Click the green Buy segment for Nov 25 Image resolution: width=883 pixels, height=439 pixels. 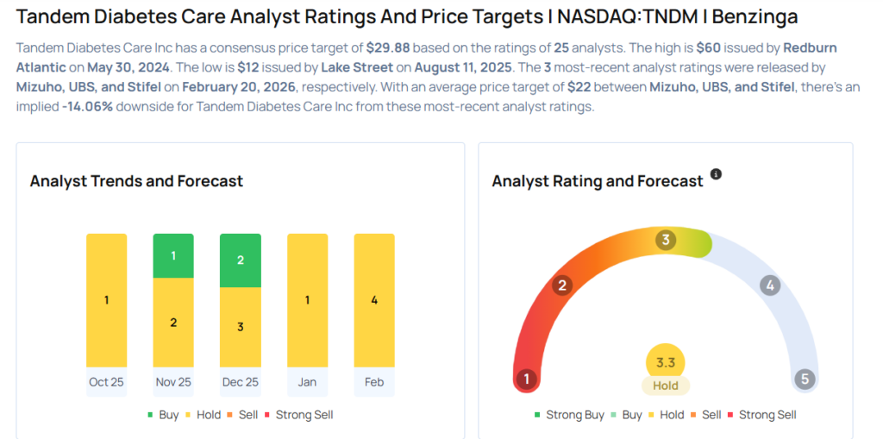pos(173,255)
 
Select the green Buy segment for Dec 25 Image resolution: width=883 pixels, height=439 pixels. pos(241,260)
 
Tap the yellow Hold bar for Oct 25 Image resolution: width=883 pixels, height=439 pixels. pos(106,300)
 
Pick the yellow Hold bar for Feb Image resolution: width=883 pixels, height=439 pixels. pos(374,300)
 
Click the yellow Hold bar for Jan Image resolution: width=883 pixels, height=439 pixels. pos(307,300)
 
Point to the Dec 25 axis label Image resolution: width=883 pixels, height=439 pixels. pos(241,381)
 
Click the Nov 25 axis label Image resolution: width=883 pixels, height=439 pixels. pos(173,381)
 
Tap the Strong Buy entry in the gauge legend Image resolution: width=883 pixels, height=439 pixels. pos(570,415)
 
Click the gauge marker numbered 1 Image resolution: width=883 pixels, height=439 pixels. pos(526,379)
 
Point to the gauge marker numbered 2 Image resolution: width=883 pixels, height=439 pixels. pos(562,285)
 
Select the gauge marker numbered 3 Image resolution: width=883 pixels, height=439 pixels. pos(665,240)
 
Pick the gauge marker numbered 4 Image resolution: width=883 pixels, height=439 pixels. pos(769,285)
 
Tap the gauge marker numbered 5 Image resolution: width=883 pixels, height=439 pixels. pos(805,379)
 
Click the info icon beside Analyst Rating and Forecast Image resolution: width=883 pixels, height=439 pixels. pos(716,174)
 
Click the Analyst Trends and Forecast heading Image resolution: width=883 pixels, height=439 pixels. pos(136,181)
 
